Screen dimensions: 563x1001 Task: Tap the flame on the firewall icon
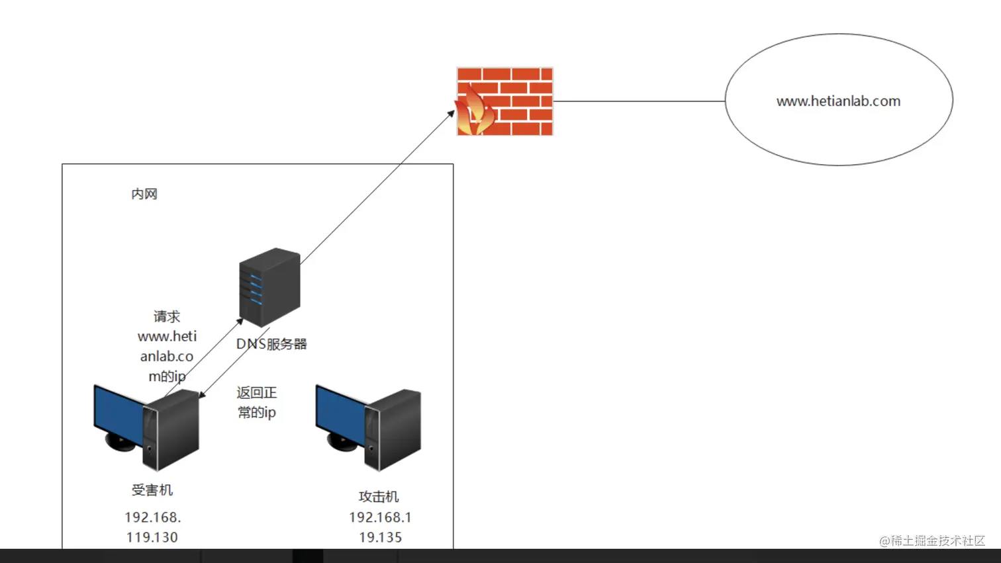(474, 112)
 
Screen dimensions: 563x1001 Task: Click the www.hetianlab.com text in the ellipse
(838, 101)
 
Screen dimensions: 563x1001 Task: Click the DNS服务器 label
(272, 344)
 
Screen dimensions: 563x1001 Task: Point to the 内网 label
(144, 194)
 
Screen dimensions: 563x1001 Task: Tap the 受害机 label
(152, 490)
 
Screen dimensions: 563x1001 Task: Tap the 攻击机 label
(379, 496)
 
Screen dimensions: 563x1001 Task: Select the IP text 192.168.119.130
(152, 527)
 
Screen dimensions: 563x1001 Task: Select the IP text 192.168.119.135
(380, 527)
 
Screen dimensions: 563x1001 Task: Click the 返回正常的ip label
(256, 402)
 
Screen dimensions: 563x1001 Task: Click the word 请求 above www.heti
(167, 316)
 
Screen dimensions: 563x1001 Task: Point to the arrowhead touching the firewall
(451, 114)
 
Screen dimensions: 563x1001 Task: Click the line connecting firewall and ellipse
(639, 101)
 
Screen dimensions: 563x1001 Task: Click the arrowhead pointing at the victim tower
(202, 395)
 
